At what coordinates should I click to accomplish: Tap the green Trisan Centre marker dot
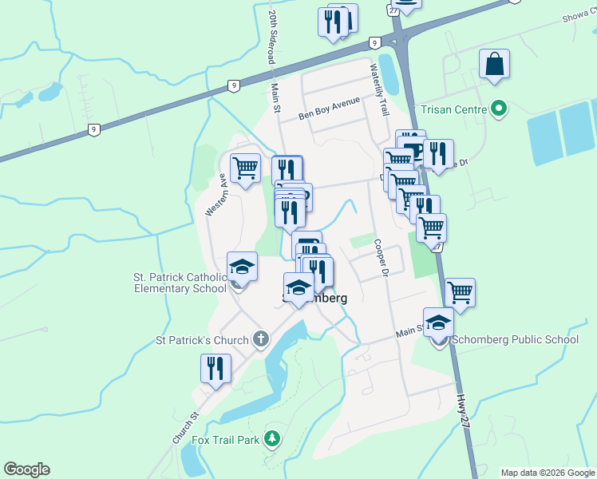[500, 108]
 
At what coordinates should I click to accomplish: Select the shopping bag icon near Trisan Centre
[495, 65]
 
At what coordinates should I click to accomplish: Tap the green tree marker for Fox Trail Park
[273, 438]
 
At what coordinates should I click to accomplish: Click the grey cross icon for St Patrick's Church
[259, 340]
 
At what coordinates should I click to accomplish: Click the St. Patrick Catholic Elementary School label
[180, 283]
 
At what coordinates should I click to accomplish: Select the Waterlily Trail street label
[378, 91]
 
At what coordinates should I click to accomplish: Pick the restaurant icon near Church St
[215, 368]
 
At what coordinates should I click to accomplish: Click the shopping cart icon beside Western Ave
[245, 168]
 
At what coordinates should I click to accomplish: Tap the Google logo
[26, 469]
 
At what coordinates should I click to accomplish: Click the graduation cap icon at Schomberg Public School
[438, 323]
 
